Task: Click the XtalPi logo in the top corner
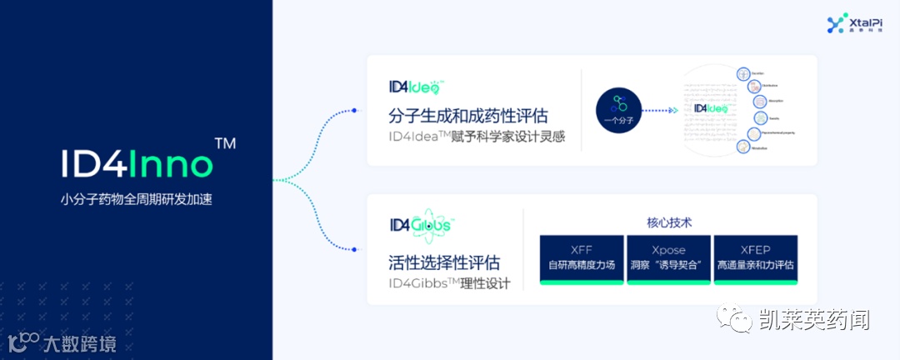click(847, 24)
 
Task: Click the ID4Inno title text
click(137, 164)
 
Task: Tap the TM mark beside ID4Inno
click(225, 143)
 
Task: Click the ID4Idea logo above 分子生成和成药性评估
click(417, 87)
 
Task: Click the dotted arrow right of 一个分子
click(662, 109)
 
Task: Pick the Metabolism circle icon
click(742, 147)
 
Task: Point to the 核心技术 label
click(669, 222)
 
